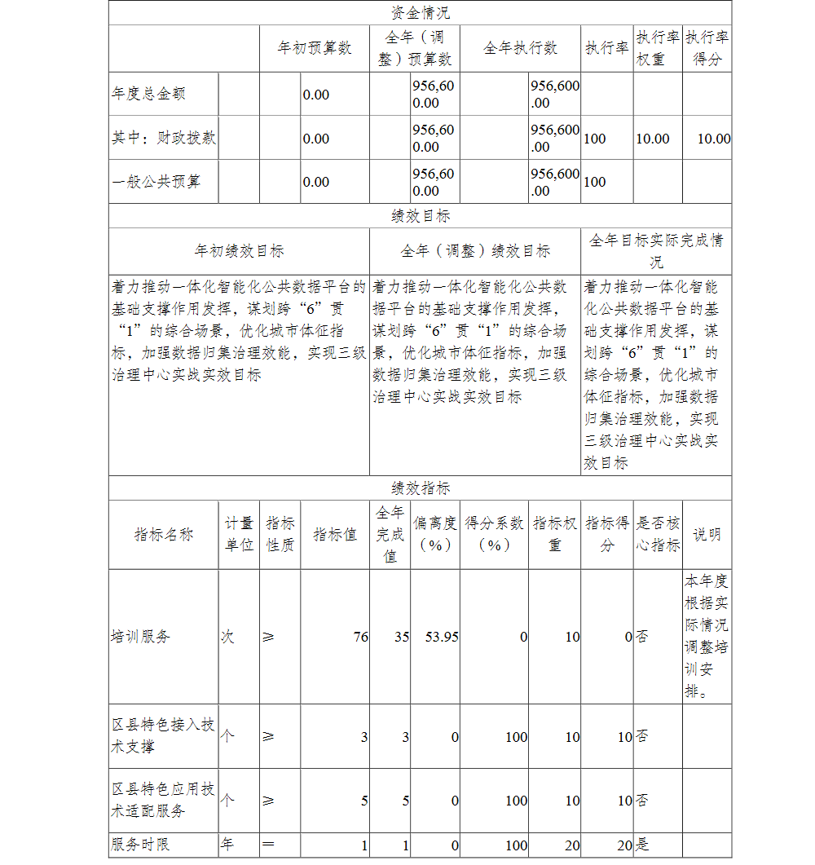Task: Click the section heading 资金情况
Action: pos(420,13)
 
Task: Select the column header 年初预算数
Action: pos(315,48)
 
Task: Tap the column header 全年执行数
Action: pos(520,48)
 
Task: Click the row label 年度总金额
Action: pos(149,94)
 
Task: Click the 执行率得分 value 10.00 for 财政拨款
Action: pos(713,139)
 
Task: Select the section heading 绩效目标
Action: pos(420,216)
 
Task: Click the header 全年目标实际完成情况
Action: pos(656,251)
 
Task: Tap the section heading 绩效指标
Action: pos(420,488)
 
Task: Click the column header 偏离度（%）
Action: pos(435,534)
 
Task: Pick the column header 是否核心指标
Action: pos(658,534)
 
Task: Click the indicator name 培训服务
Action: pos(141,637)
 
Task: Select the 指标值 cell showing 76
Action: pos(360,637)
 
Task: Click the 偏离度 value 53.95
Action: pos(442,637)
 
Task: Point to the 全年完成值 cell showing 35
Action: pos(401,637)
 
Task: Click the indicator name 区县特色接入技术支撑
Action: pos(163,735)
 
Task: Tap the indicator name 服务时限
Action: pos(141,845)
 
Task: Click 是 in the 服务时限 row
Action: pos(643,845)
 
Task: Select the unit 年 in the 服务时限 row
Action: pos(227,845)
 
